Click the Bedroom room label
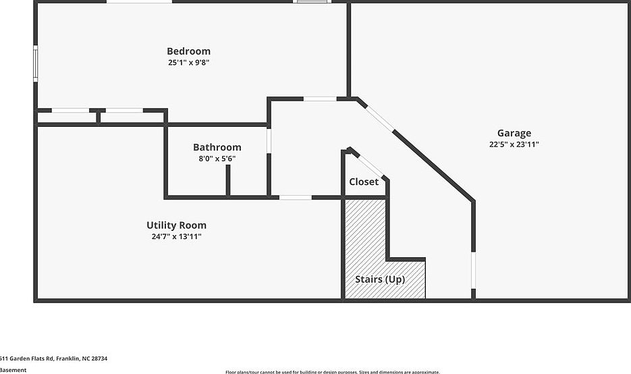[x=188, y=51]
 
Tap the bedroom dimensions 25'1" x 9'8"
[x=188, y=63]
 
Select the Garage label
[x=514, y=133]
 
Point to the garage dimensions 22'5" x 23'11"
[x=514, y=144]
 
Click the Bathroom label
[x=217, y=147]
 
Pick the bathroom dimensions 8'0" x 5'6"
[x=217, y=159]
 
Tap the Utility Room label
[x=176, y=225]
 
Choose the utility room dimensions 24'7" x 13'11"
[x=176, y=237]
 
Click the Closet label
[x=364, y=182]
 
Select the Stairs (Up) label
[x=380, y=279]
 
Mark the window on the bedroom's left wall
[x=36, y=63]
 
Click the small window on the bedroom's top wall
[x=312, y=2]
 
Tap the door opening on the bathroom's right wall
[x=269, y=141]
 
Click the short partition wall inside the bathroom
[x=228, y=180]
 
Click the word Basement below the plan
[x=13, y=370]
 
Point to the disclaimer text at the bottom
[x=332, y=371]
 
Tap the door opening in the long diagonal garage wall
[x=380, y=119]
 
